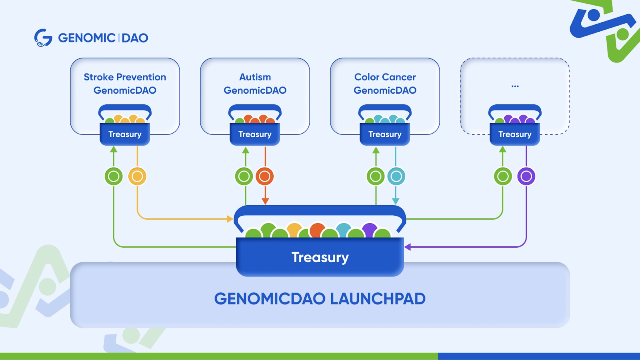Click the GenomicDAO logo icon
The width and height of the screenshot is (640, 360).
(43, 38)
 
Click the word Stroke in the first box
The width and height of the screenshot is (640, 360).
(99, 77)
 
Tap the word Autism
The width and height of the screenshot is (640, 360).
(255, 77)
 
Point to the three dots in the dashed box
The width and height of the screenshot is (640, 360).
(515, 86)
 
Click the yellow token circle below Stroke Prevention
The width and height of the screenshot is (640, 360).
(137, 176)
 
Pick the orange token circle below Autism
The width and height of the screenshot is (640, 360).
(264, 176)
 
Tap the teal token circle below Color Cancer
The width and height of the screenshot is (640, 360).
(396, 176)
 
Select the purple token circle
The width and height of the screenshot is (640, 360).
(526, 176)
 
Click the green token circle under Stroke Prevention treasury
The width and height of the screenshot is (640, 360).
(114, 176)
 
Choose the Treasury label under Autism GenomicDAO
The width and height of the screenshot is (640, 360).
(255, 134)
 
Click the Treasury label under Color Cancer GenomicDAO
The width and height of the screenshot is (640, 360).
(385, 134)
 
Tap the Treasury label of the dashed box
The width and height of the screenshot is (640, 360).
(515, 134)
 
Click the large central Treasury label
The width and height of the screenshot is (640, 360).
(320, 257)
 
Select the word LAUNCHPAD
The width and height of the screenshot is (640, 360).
(378, 298)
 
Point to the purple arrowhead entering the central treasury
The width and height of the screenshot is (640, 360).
(408, 247)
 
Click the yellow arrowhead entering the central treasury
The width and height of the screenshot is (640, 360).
(230, 219)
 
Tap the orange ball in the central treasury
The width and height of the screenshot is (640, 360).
(317, 230)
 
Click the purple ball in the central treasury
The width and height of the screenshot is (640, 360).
(370, 230)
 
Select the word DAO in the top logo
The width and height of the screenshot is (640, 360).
(135, 38)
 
